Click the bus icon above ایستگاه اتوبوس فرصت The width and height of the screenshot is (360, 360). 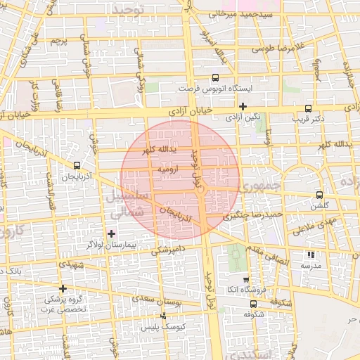(215, 79)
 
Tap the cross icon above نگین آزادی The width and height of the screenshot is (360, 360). (243, 107)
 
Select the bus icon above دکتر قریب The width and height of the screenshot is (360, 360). (308, 108)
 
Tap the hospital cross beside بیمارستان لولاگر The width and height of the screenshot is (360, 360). (111, 233)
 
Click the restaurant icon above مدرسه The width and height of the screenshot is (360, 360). (311, 255)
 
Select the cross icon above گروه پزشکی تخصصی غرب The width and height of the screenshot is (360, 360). (63, 288)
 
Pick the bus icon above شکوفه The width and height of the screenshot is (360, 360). (253, 304)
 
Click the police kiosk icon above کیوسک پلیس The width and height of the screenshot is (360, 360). (164, 316)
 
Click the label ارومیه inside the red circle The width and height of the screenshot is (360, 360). (169, 169)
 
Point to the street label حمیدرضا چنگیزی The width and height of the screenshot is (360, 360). (253, 214)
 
